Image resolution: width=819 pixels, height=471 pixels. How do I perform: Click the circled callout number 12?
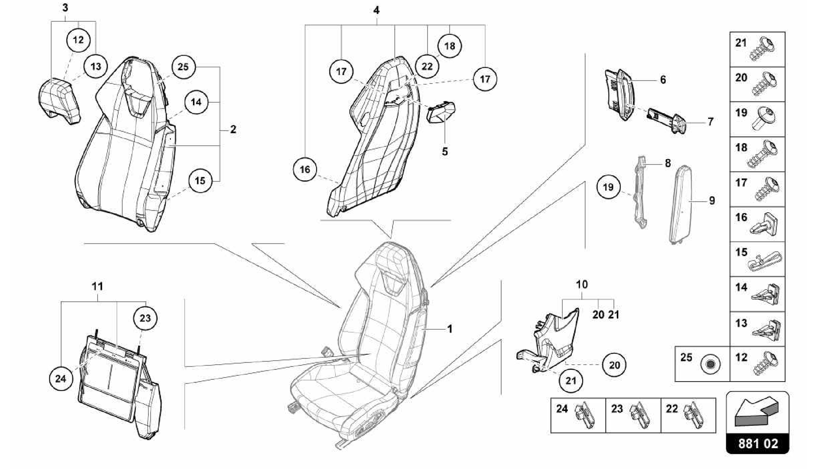78,40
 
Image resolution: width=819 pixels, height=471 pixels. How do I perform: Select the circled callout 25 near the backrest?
183,67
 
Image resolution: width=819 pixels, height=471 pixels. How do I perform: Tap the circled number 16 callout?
305,170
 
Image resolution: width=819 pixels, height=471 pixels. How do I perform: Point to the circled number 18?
449,46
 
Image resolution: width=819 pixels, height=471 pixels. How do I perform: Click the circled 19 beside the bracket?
608,187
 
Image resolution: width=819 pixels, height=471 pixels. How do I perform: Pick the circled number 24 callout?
60,378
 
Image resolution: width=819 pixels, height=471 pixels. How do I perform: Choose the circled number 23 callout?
145,318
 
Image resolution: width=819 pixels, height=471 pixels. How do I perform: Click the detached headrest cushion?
60,100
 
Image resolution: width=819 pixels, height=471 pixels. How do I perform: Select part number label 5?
445,152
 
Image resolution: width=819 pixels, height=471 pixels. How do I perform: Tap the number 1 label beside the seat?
450,329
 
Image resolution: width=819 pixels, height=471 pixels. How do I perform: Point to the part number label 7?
710,122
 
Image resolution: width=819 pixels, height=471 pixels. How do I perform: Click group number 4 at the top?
376,10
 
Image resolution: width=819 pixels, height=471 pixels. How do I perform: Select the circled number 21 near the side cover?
571,380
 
